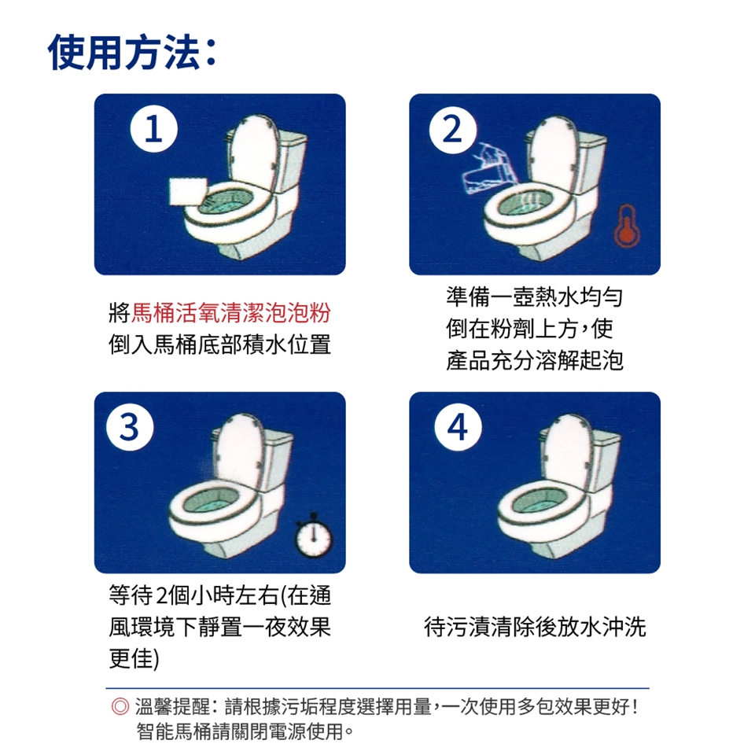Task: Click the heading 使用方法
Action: tap(123, 52)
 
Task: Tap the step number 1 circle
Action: tap(153, 129)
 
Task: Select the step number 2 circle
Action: tap(453, 130)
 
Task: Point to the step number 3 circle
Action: tap(130, 426)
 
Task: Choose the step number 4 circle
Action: tap(458, 426)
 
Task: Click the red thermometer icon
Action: tap(626, 226)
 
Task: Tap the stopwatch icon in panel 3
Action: tap(314, 536)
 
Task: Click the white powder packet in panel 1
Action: tap(189, 191)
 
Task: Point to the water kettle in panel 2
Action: tap(488, 168)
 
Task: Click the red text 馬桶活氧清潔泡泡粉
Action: tap(231, 313)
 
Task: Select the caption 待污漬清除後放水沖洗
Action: tap(535, 627)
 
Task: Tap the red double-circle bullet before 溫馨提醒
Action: tap(120, 706)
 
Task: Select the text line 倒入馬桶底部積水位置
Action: tap(220, 344)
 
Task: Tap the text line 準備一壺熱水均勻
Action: tap(535, 296)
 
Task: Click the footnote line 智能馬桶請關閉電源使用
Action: tap(245, 731)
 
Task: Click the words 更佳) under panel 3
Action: tap(134, 658)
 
